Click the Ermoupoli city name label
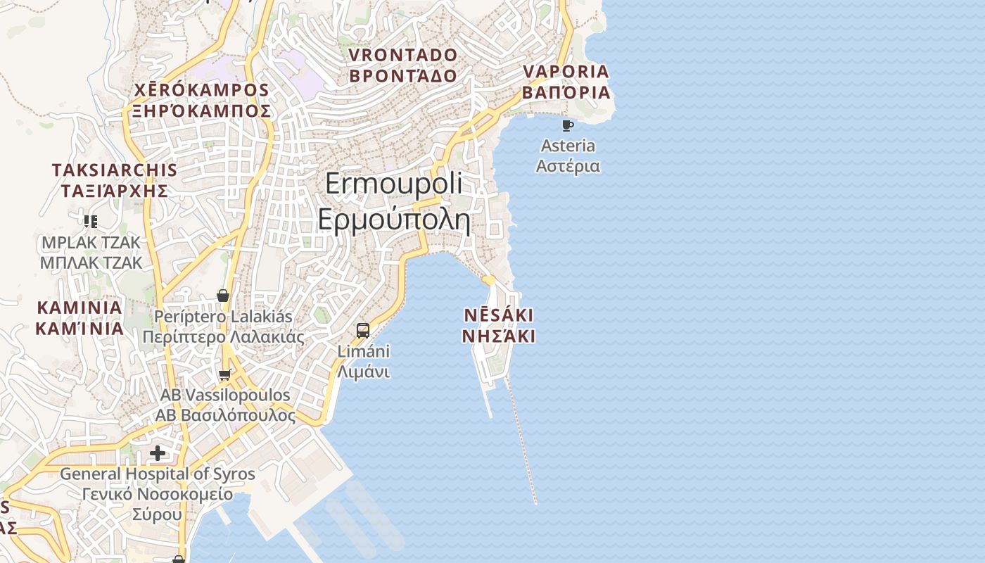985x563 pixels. click(x=393, y=202)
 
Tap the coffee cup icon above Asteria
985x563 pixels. click(x=567, y=126)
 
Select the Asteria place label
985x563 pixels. click(x=568, y=156)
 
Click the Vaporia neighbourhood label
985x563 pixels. click(x=566, y=82)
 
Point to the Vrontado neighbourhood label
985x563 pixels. click(x=403, y=65)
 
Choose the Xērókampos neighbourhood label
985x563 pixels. click(x=202, y=101)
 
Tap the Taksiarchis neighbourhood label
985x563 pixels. click(x=114, y=180)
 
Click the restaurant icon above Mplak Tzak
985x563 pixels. click(x=90, y=222)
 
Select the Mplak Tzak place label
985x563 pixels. click(x=91, y=253)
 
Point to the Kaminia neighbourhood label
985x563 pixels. click(x=80, y=318)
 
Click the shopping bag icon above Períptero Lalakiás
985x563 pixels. click(x=223, y=296)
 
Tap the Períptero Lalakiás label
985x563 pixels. click(x=223, y=327)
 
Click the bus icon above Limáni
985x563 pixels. click(x=363, y=330)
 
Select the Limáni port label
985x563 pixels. click(x=363, y=361)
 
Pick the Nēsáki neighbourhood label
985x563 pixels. click(x=498, y=325)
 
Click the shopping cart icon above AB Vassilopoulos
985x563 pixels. click(x=225, y=374)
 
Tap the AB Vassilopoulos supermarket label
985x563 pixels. click(x=225, y=405)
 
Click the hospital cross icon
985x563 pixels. click(x=158, y=453)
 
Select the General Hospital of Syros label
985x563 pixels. click(x=158, y=494)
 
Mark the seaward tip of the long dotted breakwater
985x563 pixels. click(x=535, y=503)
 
